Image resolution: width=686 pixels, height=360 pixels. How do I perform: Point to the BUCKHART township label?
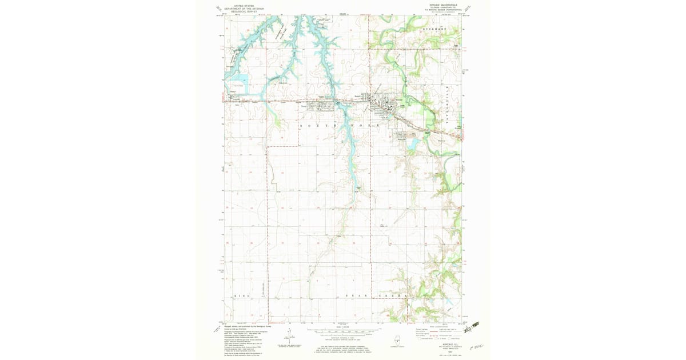pyautogui.click(x=434, y=27)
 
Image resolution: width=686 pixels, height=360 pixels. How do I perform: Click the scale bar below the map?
pyautogui.click(x=343, y=330)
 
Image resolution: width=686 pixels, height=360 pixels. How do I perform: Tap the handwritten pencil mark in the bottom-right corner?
pyautogui.click(x=475, y=347)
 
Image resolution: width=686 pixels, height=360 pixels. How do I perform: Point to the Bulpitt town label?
pyautogui.click(x=358, y=96)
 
